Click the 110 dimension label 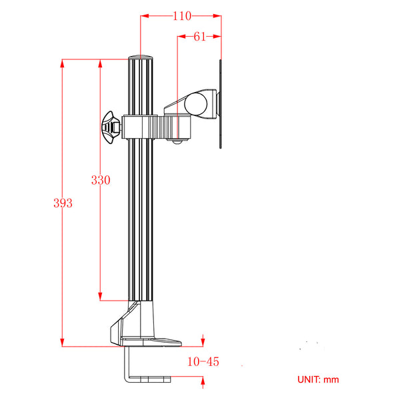pos(181,16)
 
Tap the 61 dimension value pos(199,37)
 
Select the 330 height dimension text pos(101,180)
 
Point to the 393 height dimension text pos(63,203)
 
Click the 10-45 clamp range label pos(203,362)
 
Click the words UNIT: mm pos(318,379)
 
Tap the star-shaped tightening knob pos(110,127)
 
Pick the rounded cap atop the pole pos(141,57)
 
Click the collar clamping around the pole pos(141,125)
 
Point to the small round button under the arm pos(177,141)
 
